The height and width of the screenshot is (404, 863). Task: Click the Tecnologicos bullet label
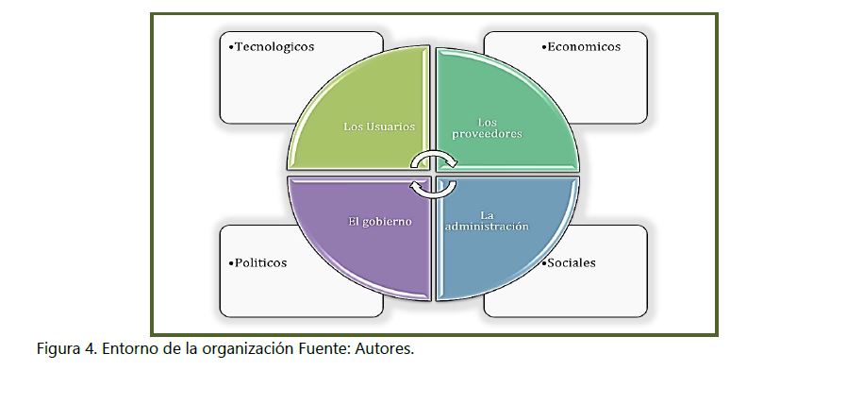(273, 46)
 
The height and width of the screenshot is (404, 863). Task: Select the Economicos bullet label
(582, 46)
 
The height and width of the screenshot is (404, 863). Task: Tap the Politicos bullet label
(258, 262)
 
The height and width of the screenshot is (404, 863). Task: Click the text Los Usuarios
(379, 126)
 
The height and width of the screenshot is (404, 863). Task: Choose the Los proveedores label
(488, 127)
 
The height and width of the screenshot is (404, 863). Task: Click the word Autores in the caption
(386, 349)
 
